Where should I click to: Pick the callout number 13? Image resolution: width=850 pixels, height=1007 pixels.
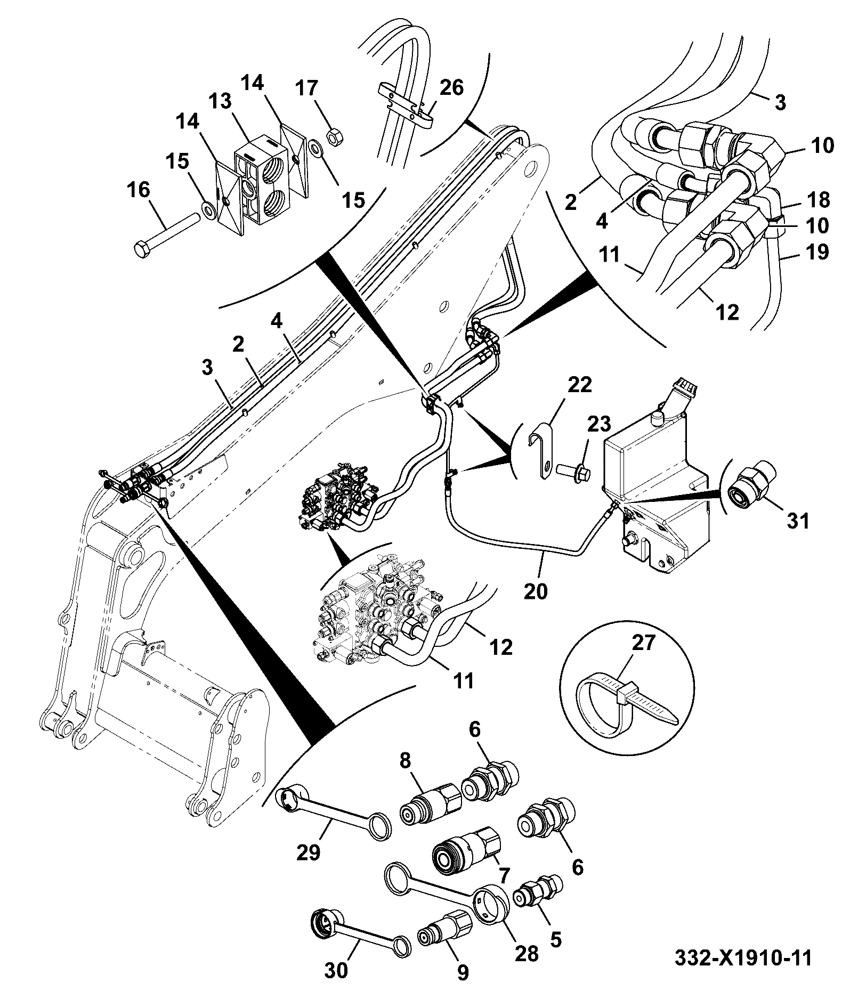(x=220, y=101)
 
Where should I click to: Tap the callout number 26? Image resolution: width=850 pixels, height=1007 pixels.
(x=452, y=88)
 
